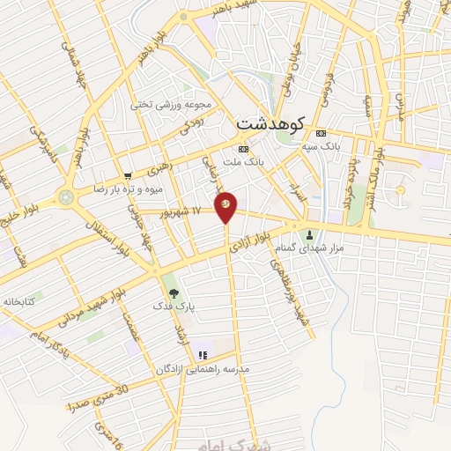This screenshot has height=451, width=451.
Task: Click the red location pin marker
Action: pyautogui.click(x=226, y=205)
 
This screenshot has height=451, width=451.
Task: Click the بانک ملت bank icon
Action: pyautogui.click(x=244, y=149)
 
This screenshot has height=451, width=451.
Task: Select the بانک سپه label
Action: pyautogui.click(x=320, y=144)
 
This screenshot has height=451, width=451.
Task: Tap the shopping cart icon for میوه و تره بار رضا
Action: pyautogui.click(x=129, y=176)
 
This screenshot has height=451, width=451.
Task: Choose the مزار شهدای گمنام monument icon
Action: pyautogui.click(x=309, y=235)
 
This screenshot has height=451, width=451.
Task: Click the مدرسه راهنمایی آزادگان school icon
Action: pyautogui.click(x=203, y=355)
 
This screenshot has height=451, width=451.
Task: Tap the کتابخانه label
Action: pyautogui.click(x=18, y=300)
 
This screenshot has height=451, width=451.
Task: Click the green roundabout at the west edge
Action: pyautogui.click(x=68, y=196)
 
